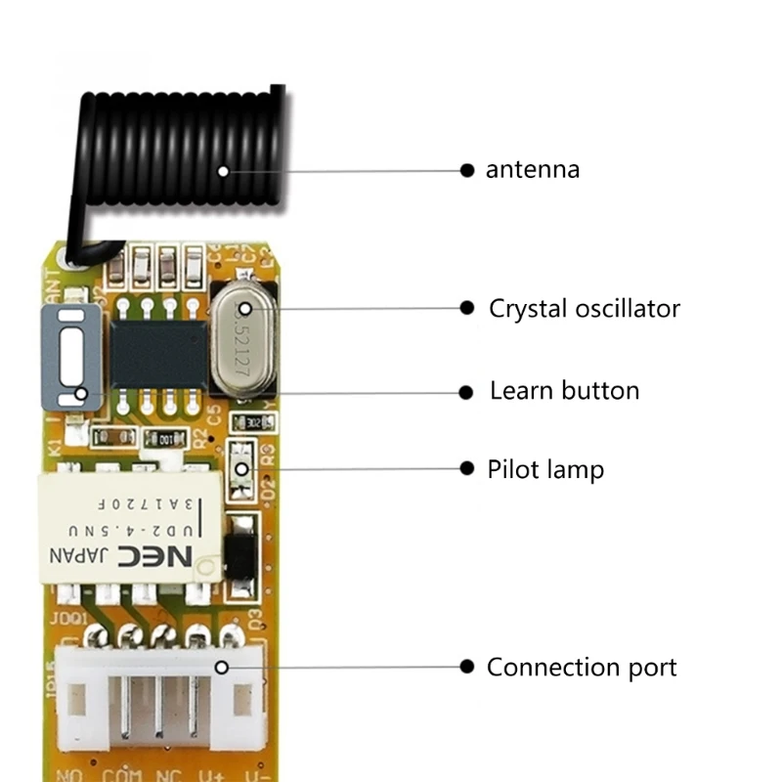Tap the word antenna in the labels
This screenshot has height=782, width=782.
pos(533,169)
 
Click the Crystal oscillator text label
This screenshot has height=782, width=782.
pos(585,309)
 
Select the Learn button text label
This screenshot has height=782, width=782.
pos(564,391)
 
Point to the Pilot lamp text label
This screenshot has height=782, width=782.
pos(545,469)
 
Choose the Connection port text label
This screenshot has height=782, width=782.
pos(582,668)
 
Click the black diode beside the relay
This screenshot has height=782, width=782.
pos(240,552)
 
